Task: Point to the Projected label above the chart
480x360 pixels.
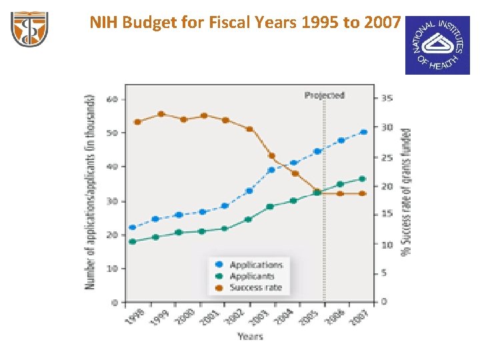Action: pyautogui.click(x=324, y=95)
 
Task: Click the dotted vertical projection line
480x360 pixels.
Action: pyautogui.click(x=325, y=233)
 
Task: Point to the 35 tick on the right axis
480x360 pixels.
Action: pyautogui.click(x=387, y=99)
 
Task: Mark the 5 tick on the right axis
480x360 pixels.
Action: pyautogui.click(x=384, y=273)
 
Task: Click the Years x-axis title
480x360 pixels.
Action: pyautogui.click(x=250, y=336)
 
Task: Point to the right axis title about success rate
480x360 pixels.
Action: pyautogui.click(x=405, y=192)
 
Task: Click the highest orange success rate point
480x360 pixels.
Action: pyautogui.click(x=161, y=114)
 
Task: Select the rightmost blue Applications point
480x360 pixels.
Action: pyautogui.click(x=363, y=132)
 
